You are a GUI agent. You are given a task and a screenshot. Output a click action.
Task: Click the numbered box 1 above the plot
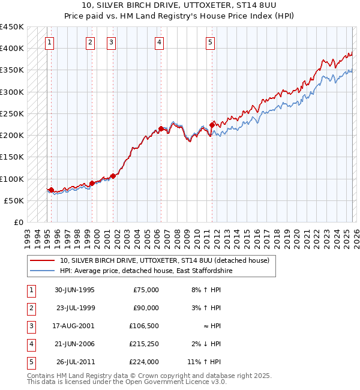[49, 42]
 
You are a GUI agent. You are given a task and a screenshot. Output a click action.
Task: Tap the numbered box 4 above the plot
[159, 42]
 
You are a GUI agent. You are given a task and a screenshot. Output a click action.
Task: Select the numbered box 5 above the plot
[211, 42]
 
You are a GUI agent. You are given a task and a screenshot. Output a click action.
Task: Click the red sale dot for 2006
[161, 128]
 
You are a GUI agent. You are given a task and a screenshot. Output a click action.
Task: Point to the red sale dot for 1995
[51, 190]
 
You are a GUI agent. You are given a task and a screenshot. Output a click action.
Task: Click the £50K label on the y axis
[14, 200]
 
